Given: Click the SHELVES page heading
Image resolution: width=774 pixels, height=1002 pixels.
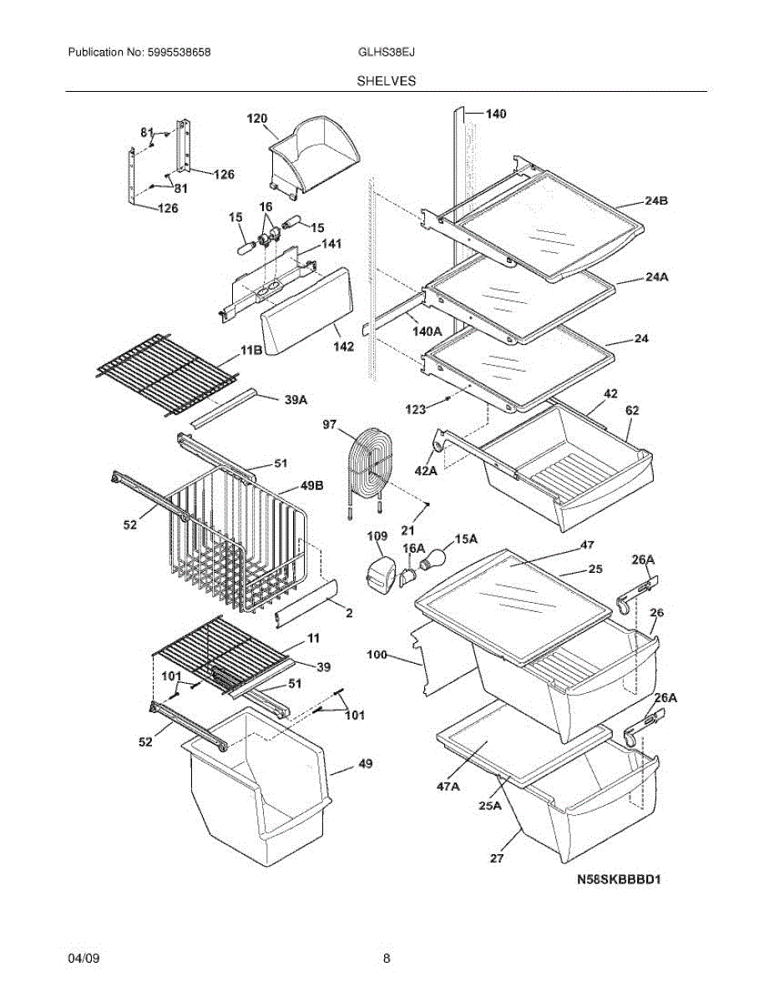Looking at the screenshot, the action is tap(387, 81).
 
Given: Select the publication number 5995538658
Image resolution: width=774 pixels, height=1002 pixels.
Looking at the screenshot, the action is tap(179, 52).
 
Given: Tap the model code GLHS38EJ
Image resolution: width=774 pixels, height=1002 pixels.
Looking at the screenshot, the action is tap(387, 52).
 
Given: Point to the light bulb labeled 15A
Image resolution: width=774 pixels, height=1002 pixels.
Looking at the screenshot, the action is tap(433, 558).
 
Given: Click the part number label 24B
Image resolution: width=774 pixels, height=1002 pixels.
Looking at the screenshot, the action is tap(656, 200).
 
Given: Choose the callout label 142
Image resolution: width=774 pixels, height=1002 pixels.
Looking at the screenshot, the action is tap(343, 347).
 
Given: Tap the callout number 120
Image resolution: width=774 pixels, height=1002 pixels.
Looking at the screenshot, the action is tap(257, 119).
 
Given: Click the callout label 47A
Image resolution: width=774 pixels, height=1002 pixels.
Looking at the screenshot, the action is tap(448, 787).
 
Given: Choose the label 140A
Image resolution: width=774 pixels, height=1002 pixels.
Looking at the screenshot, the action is tap(427, 331).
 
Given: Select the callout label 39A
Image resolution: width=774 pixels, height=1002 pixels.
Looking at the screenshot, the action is tap(296, 400).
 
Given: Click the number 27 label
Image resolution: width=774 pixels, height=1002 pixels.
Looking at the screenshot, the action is tap(497, 858).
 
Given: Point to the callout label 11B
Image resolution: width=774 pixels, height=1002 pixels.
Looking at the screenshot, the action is tap(251, 351).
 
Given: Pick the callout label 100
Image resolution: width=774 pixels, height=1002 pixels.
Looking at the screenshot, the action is tap(377, 655).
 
